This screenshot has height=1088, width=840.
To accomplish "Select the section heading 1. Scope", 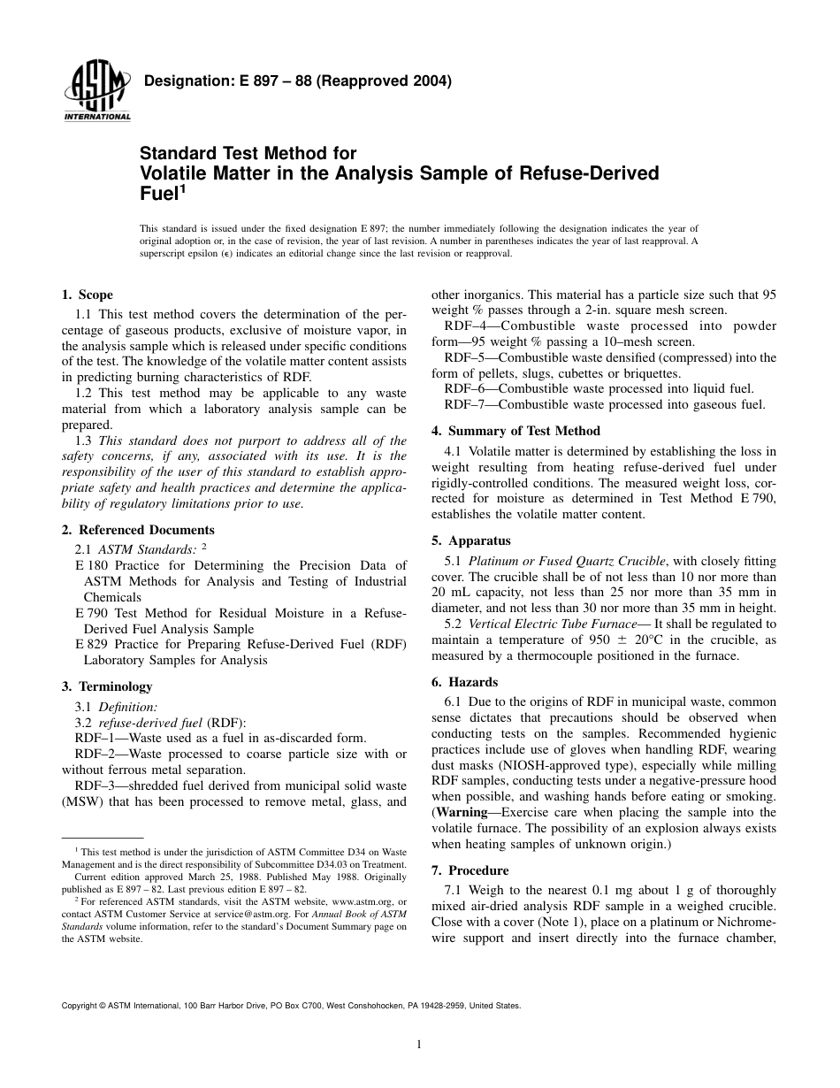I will pos(87,295).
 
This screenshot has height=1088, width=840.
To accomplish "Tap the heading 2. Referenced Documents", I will pos(138,530).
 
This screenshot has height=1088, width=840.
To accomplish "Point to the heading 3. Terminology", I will pos(107,686).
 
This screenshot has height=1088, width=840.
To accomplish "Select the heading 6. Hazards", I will pos(464,682).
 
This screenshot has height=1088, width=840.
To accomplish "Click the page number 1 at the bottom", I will pos(419,1044).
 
